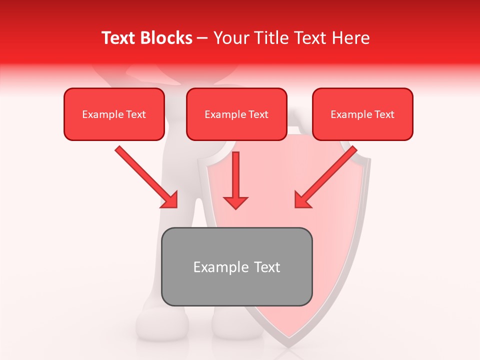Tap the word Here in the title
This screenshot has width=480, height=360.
tap(350, 38)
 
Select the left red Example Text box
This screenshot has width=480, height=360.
tap(114, 114)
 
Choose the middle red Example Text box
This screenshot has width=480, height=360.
tap(236, 114)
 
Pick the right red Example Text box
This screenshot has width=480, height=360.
tap(362, 114)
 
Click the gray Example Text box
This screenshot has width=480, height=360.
tap(237, 266)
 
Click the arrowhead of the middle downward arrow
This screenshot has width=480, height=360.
tap(235, 202)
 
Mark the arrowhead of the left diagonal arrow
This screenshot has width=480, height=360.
tap(170, 200)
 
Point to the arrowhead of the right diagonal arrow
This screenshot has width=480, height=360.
tap(302, 199)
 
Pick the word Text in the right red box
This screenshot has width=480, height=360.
tap(384, 114)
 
